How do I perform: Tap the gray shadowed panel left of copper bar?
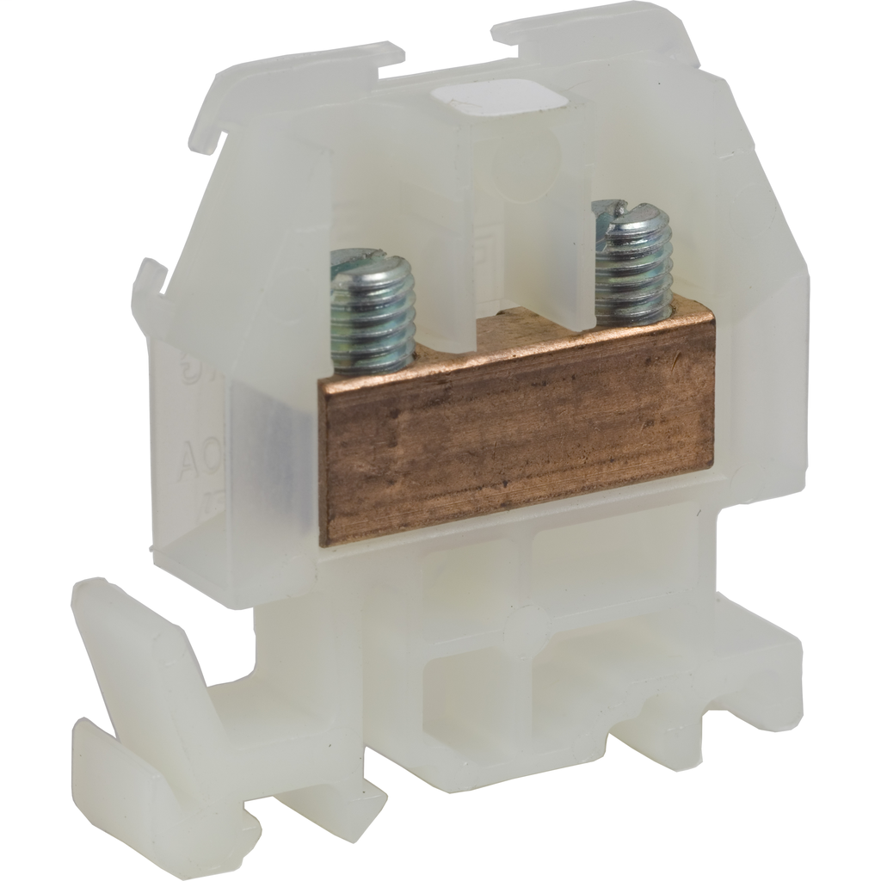(x=267, y=465)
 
